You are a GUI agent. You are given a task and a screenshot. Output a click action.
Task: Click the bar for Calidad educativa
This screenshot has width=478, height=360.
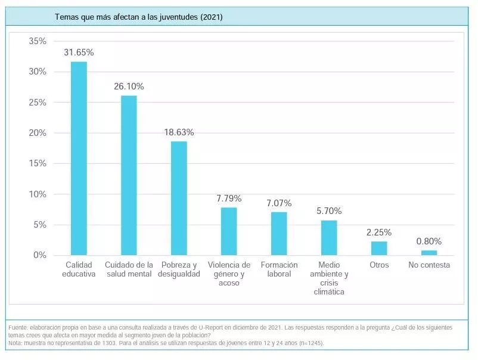point(79,159)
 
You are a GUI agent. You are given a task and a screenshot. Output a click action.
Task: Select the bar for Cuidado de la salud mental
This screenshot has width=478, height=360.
point(129,175)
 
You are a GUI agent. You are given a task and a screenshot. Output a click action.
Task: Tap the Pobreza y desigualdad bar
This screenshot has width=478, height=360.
point(179,198)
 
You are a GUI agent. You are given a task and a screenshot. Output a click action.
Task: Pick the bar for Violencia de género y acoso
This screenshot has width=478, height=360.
point(229,231)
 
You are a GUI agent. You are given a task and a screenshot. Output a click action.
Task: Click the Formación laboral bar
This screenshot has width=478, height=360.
point(279,234)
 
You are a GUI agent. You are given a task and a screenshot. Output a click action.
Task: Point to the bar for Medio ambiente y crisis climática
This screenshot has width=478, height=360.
point(329,238)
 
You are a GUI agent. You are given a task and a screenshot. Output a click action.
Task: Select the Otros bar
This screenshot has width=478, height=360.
point(379,248)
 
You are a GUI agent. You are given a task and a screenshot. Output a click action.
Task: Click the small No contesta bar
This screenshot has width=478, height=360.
point(429,253)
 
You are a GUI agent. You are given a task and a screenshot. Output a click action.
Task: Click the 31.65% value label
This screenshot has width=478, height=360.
point(79,52)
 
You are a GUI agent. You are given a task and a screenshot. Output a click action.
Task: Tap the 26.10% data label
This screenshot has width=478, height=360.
point(129,86)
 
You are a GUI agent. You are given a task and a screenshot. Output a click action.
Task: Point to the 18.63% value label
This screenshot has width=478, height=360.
point(179,132)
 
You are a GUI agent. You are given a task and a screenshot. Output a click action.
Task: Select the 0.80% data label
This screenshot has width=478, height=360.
point(429,241)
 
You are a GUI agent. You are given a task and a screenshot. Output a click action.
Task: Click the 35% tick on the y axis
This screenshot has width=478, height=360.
point(38,41)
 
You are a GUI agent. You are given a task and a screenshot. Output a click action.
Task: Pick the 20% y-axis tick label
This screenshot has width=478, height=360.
point(38,133)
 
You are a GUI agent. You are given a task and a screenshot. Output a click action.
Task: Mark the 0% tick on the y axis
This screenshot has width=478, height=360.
point(40,255)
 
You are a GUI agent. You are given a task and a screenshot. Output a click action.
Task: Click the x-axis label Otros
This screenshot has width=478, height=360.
point(379,265)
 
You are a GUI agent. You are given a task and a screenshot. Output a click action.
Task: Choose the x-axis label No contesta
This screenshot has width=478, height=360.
point(429,265)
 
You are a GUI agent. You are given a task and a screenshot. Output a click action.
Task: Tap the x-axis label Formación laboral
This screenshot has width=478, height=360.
point(279,269)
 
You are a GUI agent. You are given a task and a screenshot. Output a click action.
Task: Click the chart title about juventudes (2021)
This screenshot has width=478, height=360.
point(138,17)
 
